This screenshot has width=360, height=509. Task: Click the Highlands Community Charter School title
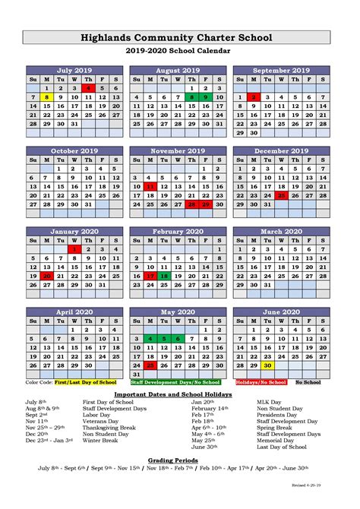tap(180, 37)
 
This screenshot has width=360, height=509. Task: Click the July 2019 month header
tap(74, 70)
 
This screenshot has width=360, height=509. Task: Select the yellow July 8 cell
tap(46, 97)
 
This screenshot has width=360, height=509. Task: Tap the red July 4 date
tap(88, 88)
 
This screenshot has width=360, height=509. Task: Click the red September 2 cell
tap(254, 97)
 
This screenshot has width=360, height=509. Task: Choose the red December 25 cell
tap(282, 195)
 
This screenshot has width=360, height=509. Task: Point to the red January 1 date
tap(74, 248)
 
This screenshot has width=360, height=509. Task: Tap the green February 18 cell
tap(164, 276)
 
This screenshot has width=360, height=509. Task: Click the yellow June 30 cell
tap(268, 365)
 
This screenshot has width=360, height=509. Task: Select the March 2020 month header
tap(282, 231)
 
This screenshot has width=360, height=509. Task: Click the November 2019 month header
tap(178, 150)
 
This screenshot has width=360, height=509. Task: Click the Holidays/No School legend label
tap(261, 382)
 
